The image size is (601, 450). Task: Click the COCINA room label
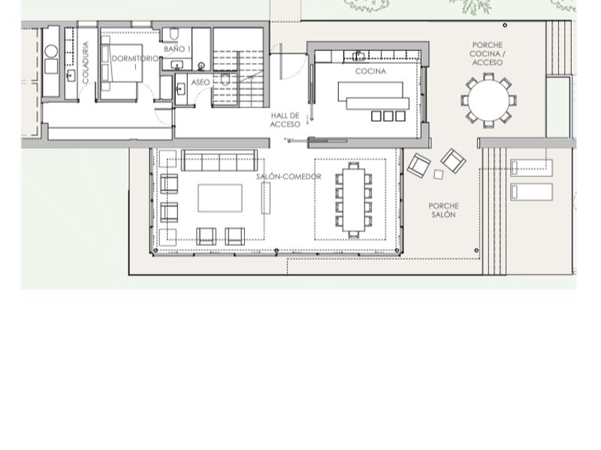point(370,72)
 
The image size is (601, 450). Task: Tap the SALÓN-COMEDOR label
point(288,177)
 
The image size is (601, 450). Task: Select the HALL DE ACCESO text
point(285,120)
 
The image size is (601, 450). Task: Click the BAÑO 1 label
point(177,49)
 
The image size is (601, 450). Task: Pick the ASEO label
point(201,82)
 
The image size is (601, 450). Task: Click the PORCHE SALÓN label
point(443,210)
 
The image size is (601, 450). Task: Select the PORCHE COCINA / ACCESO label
point(488,54)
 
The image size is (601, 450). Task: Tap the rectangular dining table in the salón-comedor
point(354,199)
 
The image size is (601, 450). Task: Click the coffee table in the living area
point(220,198)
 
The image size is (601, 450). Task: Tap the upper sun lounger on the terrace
point(531,167)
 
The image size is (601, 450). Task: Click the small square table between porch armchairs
point(439,174)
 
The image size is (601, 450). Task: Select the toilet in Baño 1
point(173,35)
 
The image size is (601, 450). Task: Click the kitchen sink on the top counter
point(360,55)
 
